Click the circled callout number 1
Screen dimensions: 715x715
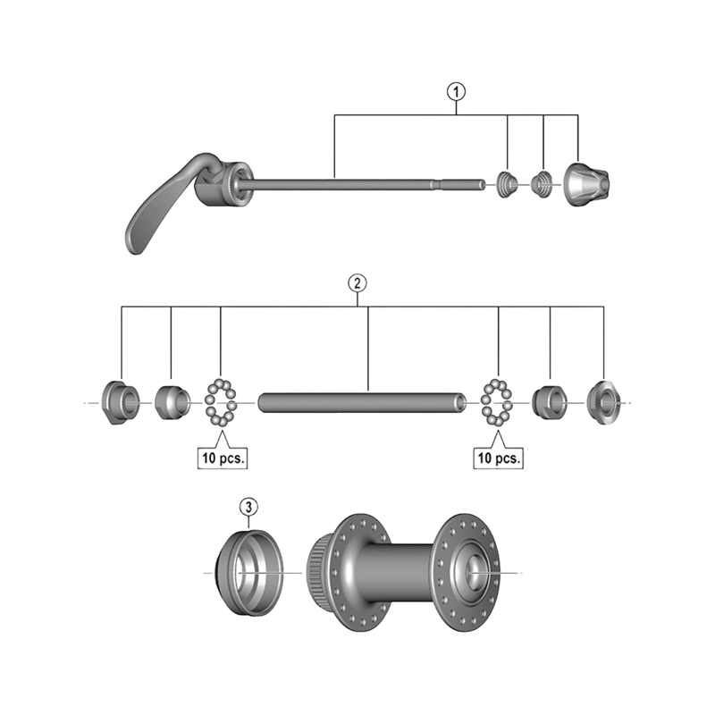[457, 89]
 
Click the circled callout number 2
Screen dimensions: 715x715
[357, 283]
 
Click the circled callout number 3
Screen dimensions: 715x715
[249, 508]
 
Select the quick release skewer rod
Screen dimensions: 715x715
[357, 184]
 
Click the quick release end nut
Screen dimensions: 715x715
[585, 183]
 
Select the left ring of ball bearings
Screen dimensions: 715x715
[220, 401]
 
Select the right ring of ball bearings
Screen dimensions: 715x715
[496, 401]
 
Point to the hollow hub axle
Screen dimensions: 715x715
[362, 401]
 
